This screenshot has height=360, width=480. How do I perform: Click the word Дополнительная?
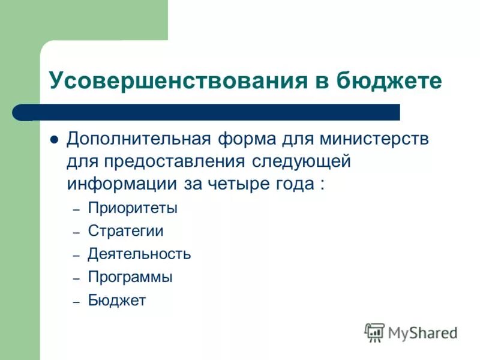tap(139, 139)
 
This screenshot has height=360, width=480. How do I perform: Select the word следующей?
tap(301, 161)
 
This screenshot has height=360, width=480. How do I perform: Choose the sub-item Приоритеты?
tap(133, 209)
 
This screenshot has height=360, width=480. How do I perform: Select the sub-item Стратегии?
tap(125, 231)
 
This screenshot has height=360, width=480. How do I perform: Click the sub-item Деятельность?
tap(139, 254)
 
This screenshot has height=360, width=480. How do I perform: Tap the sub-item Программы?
tap(130, 277)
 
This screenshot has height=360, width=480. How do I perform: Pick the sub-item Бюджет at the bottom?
tap(116, 301)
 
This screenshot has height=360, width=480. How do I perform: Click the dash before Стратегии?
tap(76, 232)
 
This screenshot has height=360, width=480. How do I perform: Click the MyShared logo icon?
tap(374, 332)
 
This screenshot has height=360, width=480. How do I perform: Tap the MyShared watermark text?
tap(422, 332)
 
